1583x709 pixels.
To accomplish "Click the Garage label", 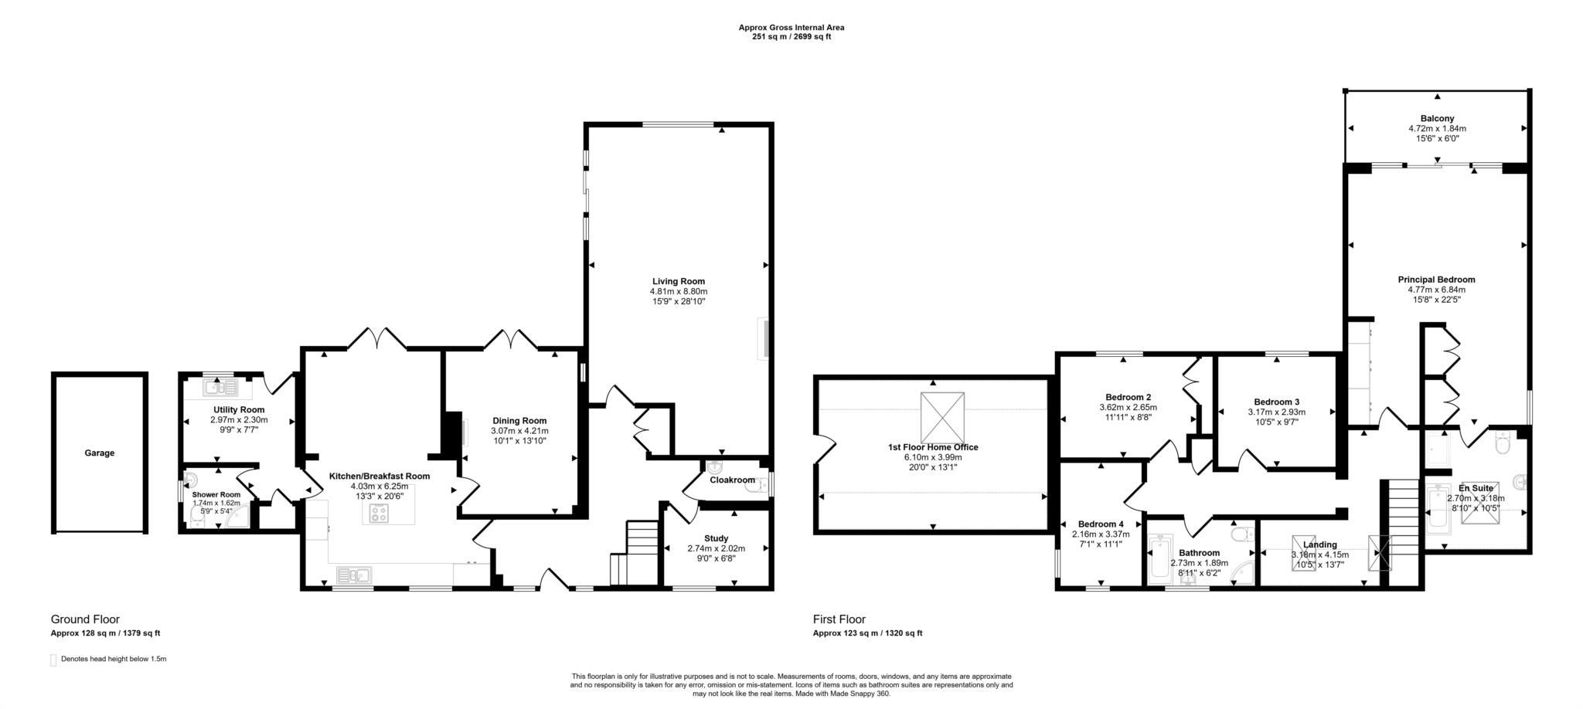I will (x=99, y=453).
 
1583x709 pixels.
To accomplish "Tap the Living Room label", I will (x=678, y=281).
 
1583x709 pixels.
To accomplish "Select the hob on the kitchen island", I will (x=380, y=514).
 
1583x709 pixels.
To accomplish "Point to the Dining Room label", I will (x=519, y=421).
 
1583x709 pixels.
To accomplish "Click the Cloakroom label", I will (x=731, y=480).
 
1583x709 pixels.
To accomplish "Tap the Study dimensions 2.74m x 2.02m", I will (x=716, y=548).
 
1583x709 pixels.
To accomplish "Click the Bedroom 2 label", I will (x=1128, y=397).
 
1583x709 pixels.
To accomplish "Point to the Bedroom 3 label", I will (x=1276, y=402).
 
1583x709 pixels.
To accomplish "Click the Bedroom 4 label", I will (x=1101, y=524).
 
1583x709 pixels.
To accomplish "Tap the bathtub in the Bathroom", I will (x=1159, y=559).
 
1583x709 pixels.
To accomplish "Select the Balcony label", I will (x=1437, y=119).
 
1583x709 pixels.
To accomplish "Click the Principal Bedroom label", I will (x=1436, y=280).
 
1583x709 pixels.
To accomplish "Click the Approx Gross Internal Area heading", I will (x=791, y=27).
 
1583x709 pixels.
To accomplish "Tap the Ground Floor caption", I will (x=85, y=619).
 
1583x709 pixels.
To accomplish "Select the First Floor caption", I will (x=839, y=619).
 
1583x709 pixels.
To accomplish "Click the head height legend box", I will (x=53, y=660).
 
